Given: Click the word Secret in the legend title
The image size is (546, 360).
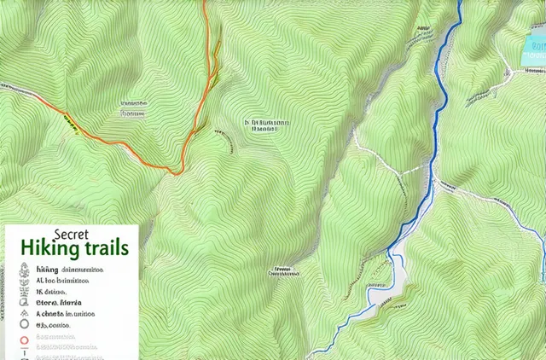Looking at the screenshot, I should coord(72,233).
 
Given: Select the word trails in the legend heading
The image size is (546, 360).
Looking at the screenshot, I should coord(107,249).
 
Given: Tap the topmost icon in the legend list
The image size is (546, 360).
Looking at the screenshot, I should coord(23,269).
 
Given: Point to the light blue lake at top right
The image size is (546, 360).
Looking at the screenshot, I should coord(532,47).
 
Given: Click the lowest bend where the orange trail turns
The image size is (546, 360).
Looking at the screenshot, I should coord(175,172).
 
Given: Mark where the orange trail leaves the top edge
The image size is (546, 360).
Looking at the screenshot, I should coord(206,3).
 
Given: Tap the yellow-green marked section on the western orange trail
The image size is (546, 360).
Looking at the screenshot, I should coord(72,125).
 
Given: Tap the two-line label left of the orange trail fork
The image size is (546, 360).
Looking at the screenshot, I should coord(133,106).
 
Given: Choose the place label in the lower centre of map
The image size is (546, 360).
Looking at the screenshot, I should coord(283,273).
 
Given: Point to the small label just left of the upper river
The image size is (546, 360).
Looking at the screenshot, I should coord(421,32).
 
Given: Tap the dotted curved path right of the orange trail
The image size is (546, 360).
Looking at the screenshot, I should coord(224,136).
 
